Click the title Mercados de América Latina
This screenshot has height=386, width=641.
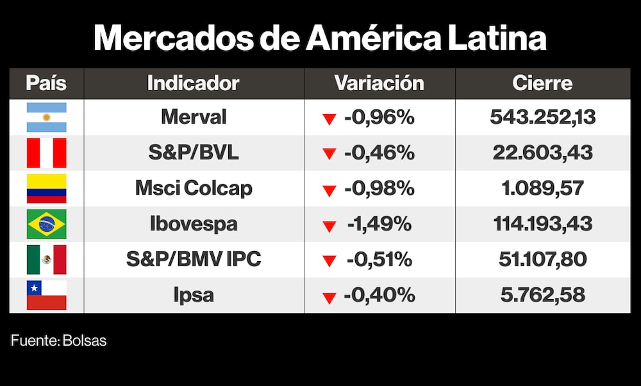(320, 38)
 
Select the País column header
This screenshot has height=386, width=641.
(46, 83)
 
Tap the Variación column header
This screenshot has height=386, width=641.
(379, 83)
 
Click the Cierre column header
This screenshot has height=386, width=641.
(542, 83)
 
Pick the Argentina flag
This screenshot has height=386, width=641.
(46, 117)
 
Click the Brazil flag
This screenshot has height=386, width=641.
(46, 224)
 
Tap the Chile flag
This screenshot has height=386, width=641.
(46, 295)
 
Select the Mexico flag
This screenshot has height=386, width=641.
(46, 259)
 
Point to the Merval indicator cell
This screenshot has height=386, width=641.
(194, 117)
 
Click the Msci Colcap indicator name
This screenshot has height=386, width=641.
(194, 188)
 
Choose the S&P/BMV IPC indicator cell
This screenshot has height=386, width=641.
(194, 259)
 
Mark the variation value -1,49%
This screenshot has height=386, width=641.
(379, 224)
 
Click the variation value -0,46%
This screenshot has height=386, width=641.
(379, 153)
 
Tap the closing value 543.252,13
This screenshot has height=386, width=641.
(542, 117)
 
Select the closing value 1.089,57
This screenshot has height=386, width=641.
(542, 188)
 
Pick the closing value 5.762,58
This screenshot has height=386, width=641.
(542, 295)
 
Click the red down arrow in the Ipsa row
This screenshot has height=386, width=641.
(329, 298)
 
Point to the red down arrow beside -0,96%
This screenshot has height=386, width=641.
(329, 119)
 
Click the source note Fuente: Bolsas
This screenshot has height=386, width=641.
(59, 341)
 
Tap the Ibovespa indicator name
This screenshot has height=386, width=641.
(194, 224)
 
